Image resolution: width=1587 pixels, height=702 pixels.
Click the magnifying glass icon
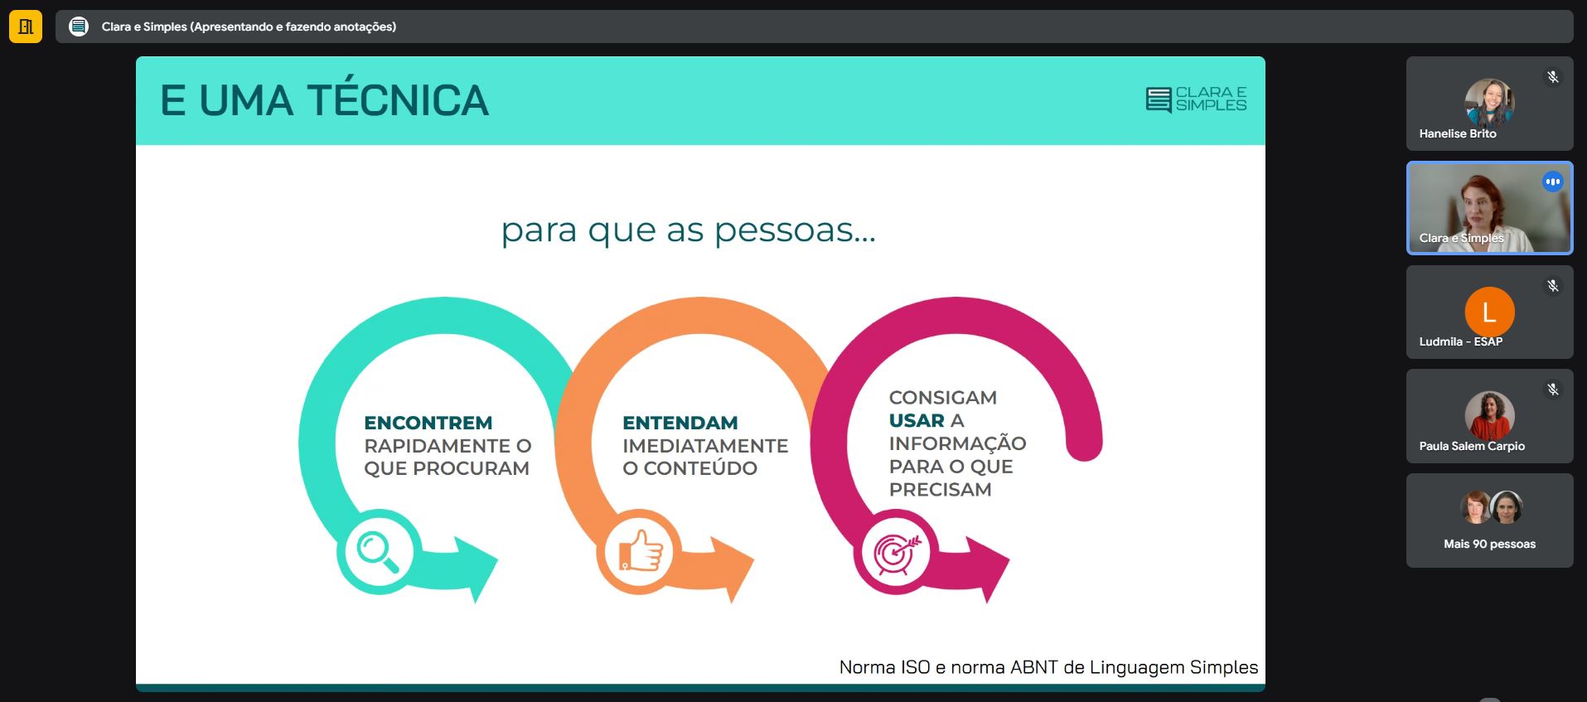[378, 552]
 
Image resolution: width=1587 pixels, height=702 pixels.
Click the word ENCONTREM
[428, 423]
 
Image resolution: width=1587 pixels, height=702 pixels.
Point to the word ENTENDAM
[680, 423]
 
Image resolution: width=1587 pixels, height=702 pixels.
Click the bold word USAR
[917, 421]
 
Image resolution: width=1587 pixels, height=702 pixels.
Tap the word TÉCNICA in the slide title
[398, 100]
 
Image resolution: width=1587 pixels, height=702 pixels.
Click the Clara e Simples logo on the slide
[1196, 99]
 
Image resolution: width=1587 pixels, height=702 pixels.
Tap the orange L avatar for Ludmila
[1489, 312]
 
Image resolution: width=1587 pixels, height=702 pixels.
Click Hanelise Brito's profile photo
[1489, 104]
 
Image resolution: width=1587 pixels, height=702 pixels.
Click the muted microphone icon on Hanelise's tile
[1553, 77]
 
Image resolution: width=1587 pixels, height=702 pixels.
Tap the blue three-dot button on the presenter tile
[1553, 182]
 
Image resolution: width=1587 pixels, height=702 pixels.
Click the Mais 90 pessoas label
[1489, 544]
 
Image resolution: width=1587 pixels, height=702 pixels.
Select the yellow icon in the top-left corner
[26, 27]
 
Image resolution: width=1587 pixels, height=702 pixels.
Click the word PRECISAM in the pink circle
[941, 490]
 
